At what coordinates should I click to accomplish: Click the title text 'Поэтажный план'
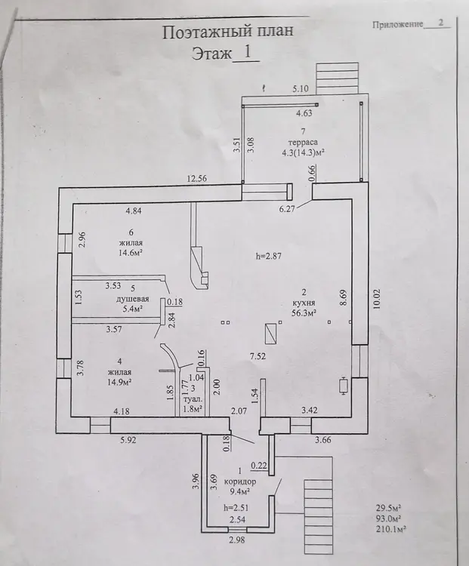click(227, 32)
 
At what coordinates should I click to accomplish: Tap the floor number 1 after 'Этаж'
click(248, 52)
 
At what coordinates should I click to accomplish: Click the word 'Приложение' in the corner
click(397, 25)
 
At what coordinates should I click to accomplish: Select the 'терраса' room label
click(303, 142)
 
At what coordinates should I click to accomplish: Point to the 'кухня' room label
click(304, 303)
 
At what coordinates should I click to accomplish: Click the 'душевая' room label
click(133, 300)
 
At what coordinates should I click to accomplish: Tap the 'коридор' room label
click(240, 481)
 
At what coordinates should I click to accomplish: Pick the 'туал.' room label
click(192, 400)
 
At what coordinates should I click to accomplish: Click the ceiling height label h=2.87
click(268, 257)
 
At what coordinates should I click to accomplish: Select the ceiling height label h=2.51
click(236, 508)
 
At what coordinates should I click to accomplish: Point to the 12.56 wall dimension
click(197, 178)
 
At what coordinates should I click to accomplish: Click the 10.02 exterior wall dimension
click(377, 299)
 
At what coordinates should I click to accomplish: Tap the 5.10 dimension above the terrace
click(301, 89)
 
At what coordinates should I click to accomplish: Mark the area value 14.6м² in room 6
click(130, 253)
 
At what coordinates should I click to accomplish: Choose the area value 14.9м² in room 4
click(119, 382)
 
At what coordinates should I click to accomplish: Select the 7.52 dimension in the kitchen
click(258, 357)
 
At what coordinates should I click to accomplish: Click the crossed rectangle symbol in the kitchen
click(270, 334)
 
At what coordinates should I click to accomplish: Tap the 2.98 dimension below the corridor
click(237, 540)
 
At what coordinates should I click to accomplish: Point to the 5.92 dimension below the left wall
click(128, 440)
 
